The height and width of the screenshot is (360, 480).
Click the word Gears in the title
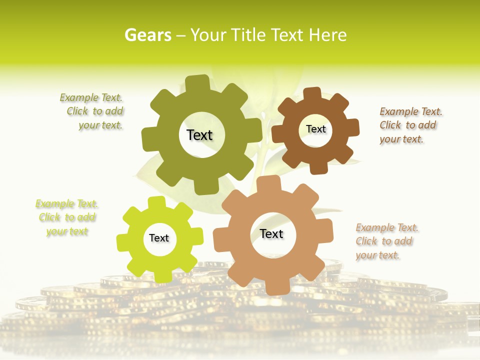click(147, 35)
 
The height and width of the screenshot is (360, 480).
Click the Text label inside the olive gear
click(199, 135)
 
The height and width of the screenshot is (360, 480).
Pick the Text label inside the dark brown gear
click(315, 129)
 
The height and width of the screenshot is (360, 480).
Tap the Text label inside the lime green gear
click(159, 238)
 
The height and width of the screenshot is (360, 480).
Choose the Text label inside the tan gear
click(271, 234)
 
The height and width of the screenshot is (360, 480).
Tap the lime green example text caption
click(67, 217)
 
